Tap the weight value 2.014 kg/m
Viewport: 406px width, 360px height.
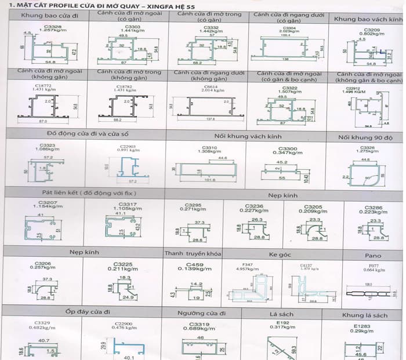209,90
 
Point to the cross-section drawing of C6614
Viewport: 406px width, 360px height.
208,108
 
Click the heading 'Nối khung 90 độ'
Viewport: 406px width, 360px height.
367,137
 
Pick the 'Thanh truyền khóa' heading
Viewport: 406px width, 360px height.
193,253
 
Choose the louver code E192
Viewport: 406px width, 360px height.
282,323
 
